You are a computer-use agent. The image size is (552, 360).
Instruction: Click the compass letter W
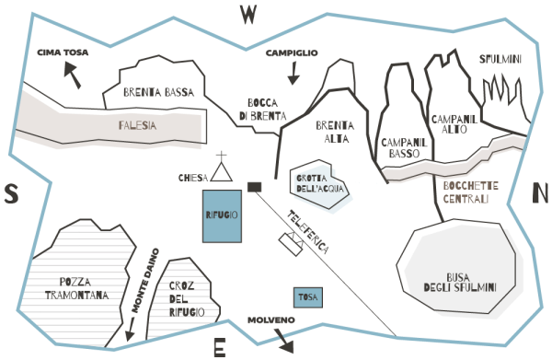(247, 15)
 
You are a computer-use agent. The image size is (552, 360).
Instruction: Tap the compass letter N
(540, 193)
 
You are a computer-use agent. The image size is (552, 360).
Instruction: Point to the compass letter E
(220, 347)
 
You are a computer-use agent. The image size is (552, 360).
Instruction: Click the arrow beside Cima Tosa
(73, 75)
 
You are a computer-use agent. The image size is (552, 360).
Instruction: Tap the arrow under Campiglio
(293, 74)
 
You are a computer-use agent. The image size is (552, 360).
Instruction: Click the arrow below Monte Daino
(131, 330)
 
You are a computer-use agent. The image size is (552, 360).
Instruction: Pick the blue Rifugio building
(222, 216)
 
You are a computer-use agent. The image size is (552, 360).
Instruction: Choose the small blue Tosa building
(308, 297)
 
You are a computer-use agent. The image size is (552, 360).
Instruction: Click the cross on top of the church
(222, 157)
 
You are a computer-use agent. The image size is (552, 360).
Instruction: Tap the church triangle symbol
(222, 172)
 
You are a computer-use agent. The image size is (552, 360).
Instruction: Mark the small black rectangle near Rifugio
(255, 187)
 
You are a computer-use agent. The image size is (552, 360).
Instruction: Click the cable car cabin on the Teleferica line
(291, 245)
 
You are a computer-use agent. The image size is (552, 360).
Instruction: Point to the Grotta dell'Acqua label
(319, 183)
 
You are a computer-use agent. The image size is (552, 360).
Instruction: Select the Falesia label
(137, 125)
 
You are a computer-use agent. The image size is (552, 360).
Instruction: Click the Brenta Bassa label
(159, 92)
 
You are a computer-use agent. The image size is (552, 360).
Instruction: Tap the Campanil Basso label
(404, 148)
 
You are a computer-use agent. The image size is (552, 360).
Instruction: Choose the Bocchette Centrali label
(471, 192)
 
